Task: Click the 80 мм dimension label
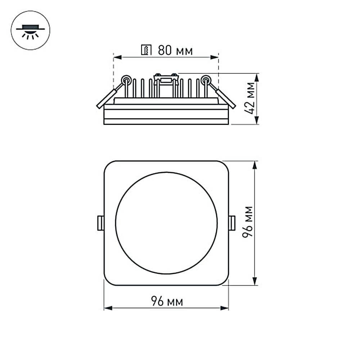175,51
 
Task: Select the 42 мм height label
251,98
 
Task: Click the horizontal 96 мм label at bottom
166,302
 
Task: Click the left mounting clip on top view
101,223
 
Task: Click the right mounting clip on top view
232,223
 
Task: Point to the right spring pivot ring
206,79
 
